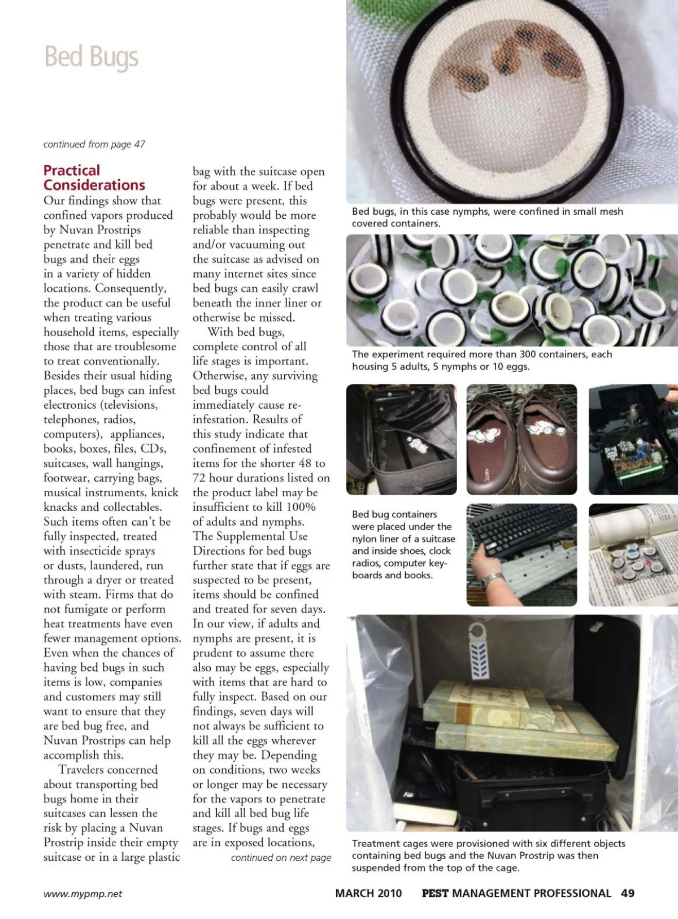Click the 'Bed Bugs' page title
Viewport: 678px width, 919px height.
pos(91,58)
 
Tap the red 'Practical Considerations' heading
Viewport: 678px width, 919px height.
pos(94,177)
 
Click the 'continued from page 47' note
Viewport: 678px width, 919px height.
pos(94,144)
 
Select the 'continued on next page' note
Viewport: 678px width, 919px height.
pos(281,857)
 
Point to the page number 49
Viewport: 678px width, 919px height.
pos(627,893)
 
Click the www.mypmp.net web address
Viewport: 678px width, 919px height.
pos(82,894)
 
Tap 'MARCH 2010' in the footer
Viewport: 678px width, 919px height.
pos(368,893)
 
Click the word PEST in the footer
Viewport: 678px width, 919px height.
pos(435,893)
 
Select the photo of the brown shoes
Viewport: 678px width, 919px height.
pos(521,439)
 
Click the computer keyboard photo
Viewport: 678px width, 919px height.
pos(521,554)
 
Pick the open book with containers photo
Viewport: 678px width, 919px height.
pos(633,554)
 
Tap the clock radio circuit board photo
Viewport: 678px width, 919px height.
pos(633,439)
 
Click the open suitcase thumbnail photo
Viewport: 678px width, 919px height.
pos(401,439)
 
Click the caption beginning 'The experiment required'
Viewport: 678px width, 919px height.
pos(481,360)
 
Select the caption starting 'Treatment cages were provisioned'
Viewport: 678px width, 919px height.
pos(488,855)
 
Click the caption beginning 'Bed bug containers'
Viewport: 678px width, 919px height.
pos(403,544)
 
